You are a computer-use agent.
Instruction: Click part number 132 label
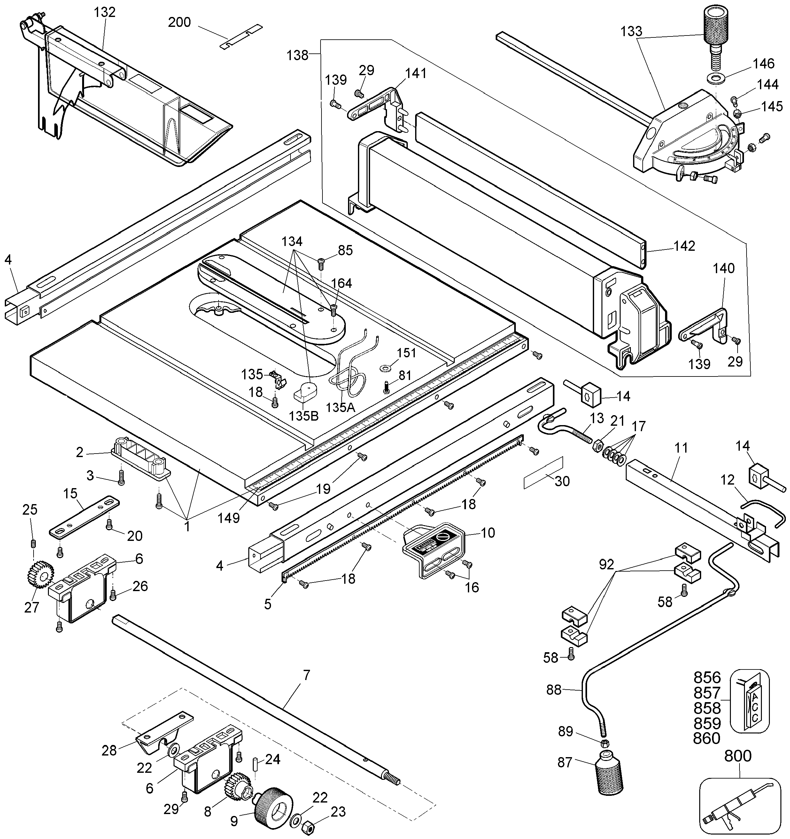click(x=105, y=12)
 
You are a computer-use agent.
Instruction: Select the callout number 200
click(x=180, y=22)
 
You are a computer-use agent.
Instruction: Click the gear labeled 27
click(x=40, y=574)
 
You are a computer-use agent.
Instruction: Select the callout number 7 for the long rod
click(x=306, y=675)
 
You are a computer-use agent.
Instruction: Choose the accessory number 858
click(x=707, y=708)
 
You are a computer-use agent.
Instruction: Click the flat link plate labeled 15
click(x=84, y=517)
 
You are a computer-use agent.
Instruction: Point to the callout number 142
click(x=684, y=246)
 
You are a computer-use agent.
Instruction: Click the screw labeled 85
click(x=321, y=263)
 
